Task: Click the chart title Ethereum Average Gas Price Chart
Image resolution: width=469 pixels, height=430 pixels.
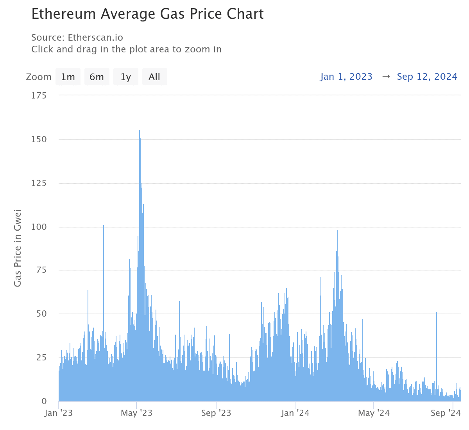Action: point(147,14)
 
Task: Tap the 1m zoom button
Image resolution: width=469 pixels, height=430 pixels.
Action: point(68,77)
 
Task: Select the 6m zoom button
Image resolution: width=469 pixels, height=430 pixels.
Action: point(97,77)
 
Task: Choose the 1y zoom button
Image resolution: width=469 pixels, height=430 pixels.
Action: point(125,77)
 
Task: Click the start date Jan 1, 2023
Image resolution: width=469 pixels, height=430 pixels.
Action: point(346,77)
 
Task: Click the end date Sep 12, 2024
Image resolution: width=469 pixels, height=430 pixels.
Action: point(427,77)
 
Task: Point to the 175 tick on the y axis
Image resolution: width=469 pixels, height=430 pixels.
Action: point(39,96)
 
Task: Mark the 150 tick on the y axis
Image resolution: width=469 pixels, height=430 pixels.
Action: point(39,140)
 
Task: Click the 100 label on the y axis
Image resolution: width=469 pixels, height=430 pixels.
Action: point(39,227)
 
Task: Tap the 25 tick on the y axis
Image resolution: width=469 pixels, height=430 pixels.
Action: point(41,358)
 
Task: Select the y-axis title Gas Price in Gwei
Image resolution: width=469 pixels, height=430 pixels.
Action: point(18,249)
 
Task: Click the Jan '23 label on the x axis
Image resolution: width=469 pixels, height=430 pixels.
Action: point(59,413)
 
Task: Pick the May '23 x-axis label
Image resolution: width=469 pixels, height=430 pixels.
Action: point(136,413)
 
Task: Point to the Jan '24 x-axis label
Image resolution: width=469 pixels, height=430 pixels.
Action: point(295,413)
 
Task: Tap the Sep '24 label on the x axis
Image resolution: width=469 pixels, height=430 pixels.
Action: point(446,413)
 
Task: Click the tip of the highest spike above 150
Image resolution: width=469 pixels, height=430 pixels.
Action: point(140,131)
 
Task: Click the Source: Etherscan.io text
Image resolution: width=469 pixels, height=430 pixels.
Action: point(77,38)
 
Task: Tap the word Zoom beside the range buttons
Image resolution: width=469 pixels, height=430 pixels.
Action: point(39,77)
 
